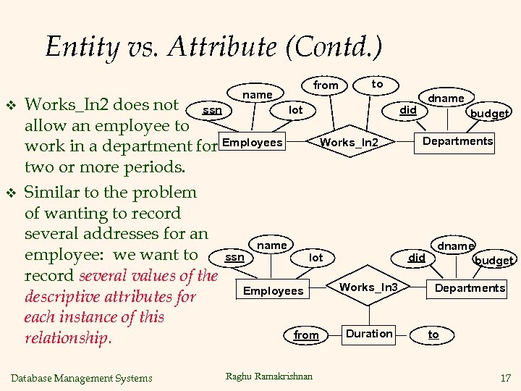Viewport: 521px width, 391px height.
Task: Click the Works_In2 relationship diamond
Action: pyautogui.click(x=349, y=142)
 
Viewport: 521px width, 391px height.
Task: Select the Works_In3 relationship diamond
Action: pyautogui.click(x=368, y=287)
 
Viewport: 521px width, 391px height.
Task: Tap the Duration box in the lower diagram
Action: pyautogui.click(x=369, y=334)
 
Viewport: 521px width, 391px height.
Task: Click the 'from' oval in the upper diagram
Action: pyautogui.click(x=326, y=85)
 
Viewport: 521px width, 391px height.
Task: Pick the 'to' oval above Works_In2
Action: pyautogui.click(x=377, y=84)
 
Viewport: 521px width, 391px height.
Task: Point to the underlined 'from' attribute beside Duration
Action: pyautogui.click(x=306, y=335)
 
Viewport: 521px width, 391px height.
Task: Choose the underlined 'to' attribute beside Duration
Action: pyautogui.click(x=433, y=334)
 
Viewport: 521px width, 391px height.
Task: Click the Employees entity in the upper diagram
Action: pyautogui.click(x=253, y=142)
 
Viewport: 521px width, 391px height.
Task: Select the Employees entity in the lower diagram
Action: pyautogui.click(x=274, y=290)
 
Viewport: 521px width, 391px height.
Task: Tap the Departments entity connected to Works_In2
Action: pyautogui.click(x=457, y=141)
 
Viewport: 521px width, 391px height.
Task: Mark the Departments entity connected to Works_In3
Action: pyautogui.click(x=470, y=288)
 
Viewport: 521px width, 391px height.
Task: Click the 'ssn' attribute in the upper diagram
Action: pyautogui.click(x=212, y=110)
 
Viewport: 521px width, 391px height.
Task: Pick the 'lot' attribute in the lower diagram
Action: pyautogui.click(x=316, y=257)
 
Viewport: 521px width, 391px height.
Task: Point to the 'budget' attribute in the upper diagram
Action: pyautogui.click(x=490, y=113)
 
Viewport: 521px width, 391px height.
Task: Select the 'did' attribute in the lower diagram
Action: pyautogui.click(x=417, y=257)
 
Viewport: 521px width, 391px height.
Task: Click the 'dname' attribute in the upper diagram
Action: pyautogui.click(x=446, y=98)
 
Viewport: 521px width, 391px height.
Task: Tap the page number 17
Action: pyautogui.click(x=504, y=377)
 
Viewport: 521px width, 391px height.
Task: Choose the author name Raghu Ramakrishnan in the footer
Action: pyautogui.click(x=269, y=376)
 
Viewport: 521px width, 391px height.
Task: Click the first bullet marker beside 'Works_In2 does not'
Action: pyautogui.click(x=11, y=105)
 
